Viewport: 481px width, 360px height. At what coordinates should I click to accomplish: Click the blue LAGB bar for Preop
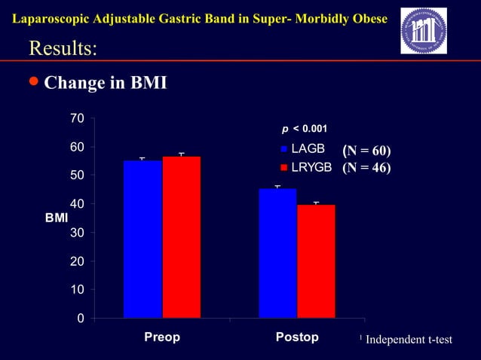142,239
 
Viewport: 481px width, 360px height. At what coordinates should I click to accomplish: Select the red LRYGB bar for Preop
181,237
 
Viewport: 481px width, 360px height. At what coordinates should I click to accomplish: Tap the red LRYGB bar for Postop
316,261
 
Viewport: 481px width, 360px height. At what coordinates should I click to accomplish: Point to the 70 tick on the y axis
76,118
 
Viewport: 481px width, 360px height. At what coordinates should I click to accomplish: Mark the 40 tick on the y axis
76,204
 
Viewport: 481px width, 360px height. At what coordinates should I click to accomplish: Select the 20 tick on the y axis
76,261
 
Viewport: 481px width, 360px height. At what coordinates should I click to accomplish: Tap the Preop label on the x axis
162,337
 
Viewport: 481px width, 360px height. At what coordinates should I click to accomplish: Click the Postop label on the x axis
297,337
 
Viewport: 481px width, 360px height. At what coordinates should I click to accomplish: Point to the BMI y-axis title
56,218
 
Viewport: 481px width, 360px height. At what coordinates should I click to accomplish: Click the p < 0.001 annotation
304,130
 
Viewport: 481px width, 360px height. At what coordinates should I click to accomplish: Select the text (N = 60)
366,151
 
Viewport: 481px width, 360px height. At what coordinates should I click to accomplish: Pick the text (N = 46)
366,167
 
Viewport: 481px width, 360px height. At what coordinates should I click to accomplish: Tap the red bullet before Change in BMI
33,81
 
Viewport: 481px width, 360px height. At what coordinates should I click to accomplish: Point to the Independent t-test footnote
408,340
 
